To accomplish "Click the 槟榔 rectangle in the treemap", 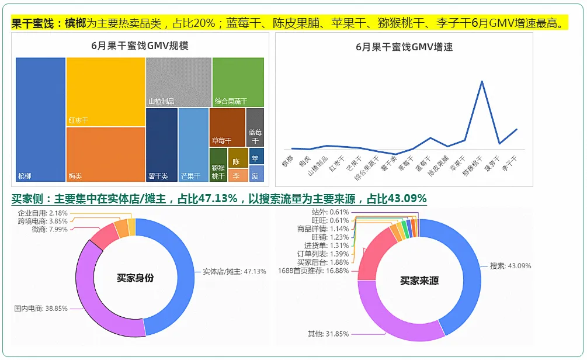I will point(40,119).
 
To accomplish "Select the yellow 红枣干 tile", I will point(106,92).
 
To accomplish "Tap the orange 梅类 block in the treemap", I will point(106,154).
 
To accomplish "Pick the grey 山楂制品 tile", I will point(178,82).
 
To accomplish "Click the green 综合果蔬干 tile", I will point(238,82).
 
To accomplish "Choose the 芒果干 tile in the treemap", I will point(193,145).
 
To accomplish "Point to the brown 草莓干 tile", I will point(227,127).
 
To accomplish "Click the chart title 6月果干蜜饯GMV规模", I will point(140,46).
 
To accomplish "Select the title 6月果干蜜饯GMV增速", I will point(404,47).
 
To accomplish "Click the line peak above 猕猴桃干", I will point(482,81).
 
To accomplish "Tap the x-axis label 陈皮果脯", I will point(439,165).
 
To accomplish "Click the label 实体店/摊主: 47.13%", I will point(234,271).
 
